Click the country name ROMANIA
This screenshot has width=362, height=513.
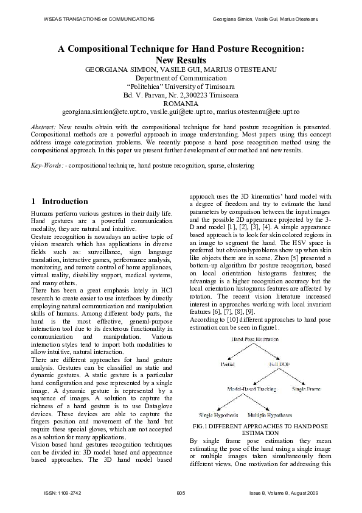[181, 104]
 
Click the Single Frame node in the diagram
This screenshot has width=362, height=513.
[307, 387]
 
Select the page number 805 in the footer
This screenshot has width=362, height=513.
[180, 492]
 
